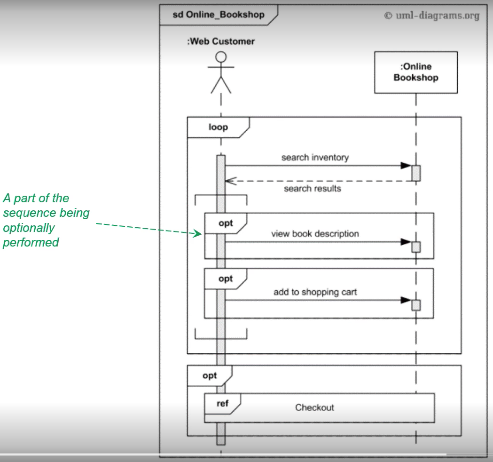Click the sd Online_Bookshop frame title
[219, 15]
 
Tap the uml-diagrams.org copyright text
[432, 16]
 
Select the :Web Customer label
[221, 41]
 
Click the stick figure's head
[221, 57]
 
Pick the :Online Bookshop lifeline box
[416, 72]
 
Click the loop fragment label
[218, 127]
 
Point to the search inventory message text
[315, 157]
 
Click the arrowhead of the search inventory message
[406, 165]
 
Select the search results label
[313, 189]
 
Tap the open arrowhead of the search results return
[230, 181]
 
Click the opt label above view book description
[226, 223]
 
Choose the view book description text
[315, 234]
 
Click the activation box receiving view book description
[416, 247]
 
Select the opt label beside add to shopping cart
[226, 279]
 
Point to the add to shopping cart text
[315, 292]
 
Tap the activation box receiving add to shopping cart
[416, 305]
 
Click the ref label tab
[223, 404]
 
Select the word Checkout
[314, 407]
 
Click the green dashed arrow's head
[198, 233]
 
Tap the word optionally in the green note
[29, 228]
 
